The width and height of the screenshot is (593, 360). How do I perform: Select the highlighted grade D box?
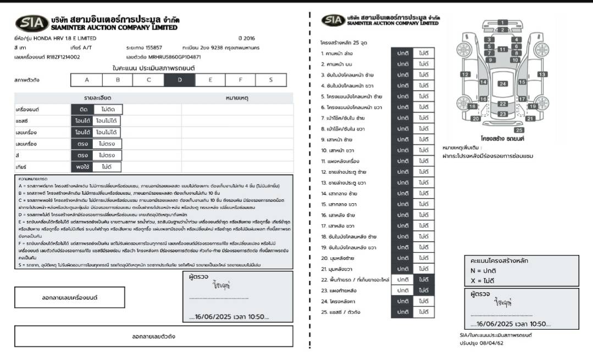[180, 80]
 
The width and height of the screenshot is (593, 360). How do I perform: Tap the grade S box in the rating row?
[271, 80]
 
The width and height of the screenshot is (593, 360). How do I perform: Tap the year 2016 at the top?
[250, 38]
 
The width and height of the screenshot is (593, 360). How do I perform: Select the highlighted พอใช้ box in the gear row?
[83, 167]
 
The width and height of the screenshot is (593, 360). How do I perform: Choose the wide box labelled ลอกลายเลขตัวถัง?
[153, 336]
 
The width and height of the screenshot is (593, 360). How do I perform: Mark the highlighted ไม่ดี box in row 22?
[424, 279]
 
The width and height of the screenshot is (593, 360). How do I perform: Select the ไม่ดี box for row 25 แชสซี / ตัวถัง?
[424, 312]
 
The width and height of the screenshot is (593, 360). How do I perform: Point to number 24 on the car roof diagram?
[502, 84]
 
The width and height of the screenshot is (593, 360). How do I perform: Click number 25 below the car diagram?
[519, 130]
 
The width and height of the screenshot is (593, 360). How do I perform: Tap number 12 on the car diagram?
[465, 74]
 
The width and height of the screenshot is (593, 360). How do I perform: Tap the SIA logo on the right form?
[333, 21]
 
